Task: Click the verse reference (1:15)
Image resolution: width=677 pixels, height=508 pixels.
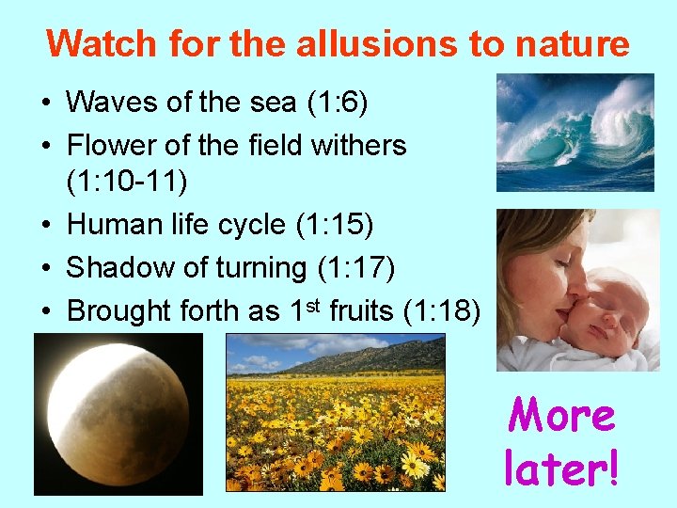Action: [x=334, y=225]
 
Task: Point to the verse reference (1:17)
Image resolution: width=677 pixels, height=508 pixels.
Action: [x=354, y=268]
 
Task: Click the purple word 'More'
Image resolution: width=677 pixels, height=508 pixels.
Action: [x=561, y=415]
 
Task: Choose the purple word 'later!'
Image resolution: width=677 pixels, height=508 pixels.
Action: [x=561, y=467]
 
